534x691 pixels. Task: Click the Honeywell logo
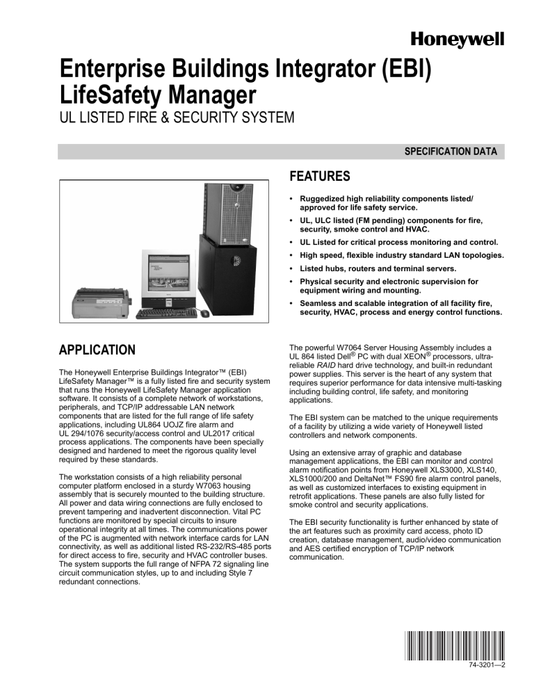pos(459,40)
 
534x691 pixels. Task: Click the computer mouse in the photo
pos(205,314)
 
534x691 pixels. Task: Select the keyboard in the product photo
pos(167,314)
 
